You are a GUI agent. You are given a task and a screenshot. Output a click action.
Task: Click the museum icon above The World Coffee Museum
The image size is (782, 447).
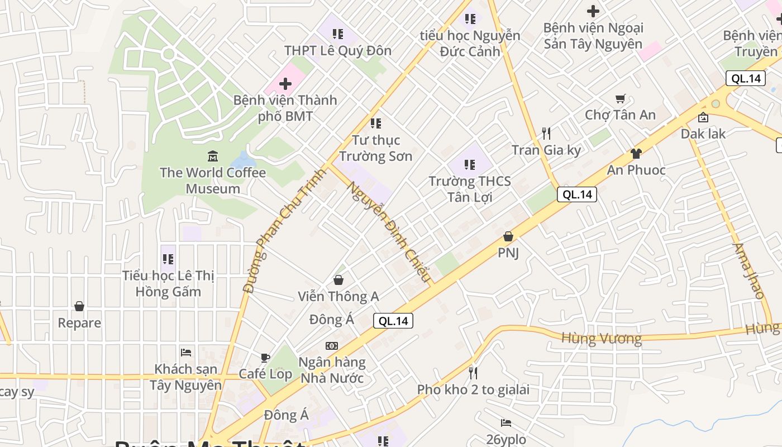point(212,156)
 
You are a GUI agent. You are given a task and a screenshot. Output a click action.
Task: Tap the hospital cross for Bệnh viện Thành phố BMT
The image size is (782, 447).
point(285,84)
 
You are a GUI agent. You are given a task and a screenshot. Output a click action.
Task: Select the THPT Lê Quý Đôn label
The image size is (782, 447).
point(337,50)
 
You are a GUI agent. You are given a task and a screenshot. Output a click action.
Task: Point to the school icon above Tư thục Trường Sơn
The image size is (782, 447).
point(376,123)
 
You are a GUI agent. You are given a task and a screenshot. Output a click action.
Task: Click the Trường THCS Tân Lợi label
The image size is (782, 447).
point(469,189)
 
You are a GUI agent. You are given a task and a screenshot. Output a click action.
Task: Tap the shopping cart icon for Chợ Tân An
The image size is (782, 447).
point(620,99)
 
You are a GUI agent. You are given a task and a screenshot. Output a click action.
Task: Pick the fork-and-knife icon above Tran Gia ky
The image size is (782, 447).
point(546,133)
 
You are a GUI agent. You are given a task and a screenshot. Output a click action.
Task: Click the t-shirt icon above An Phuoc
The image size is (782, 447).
point(636,153)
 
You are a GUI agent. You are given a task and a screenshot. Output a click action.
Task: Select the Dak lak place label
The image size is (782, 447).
point(703,134)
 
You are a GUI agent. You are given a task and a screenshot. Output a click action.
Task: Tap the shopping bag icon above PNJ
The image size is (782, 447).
point(508,236)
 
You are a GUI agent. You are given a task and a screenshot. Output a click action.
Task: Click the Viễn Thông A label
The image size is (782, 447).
point(338,296)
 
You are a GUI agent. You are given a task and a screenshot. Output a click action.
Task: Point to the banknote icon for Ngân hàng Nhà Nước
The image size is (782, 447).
point(332,346)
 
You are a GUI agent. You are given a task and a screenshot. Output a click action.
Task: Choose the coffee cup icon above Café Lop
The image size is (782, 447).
point(265,358)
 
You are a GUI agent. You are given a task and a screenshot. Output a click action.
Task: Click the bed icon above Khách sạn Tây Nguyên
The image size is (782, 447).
point(186,352)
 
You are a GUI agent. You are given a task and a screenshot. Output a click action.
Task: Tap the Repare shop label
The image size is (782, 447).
point(79,323)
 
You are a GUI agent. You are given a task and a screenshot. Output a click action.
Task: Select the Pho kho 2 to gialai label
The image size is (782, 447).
point(473,389)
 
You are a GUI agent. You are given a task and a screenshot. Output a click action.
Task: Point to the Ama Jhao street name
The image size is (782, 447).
point(748,270)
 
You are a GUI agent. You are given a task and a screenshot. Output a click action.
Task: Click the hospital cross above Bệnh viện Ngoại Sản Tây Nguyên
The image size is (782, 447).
point(593,11)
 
